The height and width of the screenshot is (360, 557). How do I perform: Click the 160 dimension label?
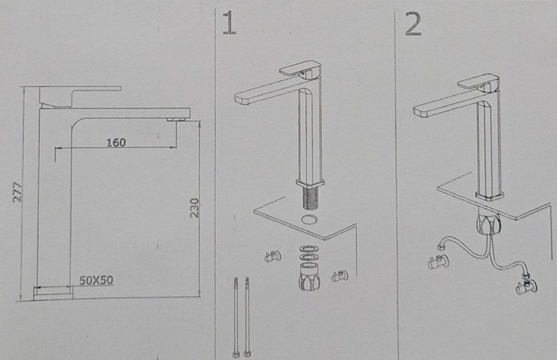click(116, 143)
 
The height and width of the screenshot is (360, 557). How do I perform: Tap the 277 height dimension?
click(18, 192)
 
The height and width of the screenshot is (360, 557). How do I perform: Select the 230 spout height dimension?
click(194, 208)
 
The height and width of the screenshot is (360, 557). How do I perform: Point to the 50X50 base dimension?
click(96, 280)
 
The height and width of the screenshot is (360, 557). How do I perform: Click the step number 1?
click(230, 23)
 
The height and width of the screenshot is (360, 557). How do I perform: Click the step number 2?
click(413, 23)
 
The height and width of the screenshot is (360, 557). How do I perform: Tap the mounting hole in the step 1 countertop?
click(309, 219)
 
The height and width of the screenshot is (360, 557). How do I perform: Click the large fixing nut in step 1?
click(309, 276)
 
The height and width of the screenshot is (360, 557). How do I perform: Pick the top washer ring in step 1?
click(308, 249)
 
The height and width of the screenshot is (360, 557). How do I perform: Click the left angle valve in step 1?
click(273, 256)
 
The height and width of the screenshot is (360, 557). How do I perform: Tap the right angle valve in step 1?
click(340, 276)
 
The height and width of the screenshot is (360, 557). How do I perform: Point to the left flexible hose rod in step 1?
click(235, 317)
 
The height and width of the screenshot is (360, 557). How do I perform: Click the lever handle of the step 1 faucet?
click(300, 69)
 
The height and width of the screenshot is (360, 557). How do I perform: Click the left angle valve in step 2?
click(438, 262)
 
